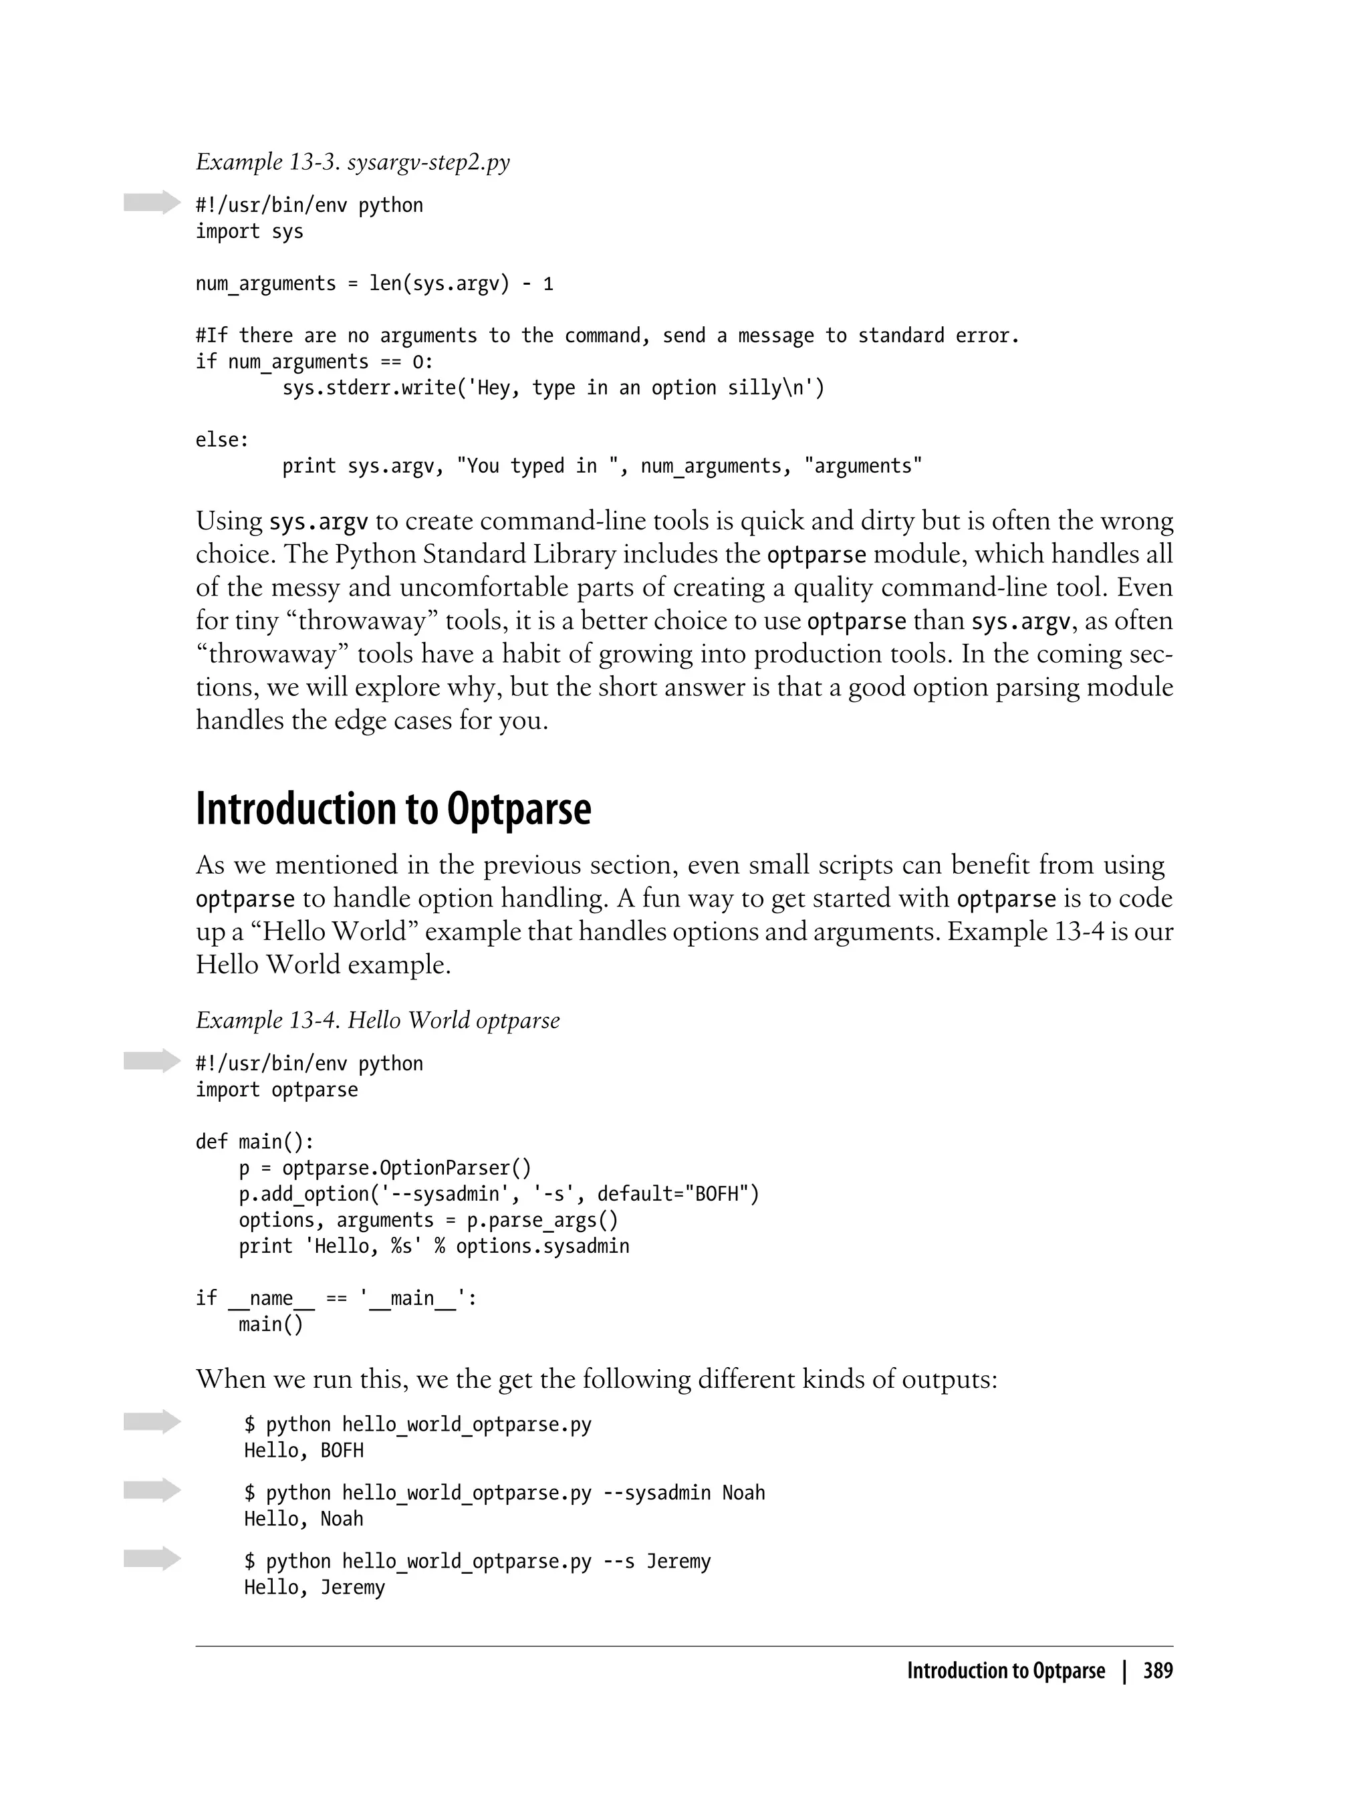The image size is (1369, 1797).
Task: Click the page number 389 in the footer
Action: [1157, 1671]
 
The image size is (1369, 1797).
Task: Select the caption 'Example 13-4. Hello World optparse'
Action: [377, 1020]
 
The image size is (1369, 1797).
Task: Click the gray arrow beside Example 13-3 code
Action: [152, 202]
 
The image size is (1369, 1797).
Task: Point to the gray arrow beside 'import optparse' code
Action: [152, 1060]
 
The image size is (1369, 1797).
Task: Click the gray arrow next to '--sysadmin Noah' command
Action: [152, 1489]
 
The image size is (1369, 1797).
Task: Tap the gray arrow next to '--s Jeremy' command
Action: [152, 1558]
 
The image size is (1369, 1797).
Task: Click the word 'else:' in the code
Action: [222, 440]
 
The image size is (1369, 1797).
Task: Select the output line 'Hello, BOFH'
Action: [303, 1451]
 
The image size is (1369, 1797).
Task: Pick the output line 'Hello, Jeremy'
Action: [314, 1588]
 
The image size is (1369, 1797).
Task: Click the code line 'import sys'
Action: [249, 231]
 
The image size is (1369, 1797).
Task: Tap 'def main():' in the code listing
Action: [254, 1141]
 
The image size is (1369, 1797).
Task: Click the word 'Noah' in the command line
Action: [743, 1493]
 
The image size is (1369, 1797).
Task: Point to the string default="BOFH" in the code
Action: [677, 1194]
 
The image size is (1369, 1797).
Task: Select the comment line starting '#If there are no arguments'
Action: [607, 336]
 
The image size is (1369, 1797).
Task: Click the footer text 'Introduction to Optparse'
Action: [1005, 1671]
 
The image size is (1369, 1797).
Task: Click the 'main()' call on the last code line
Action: [271, 1324]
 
